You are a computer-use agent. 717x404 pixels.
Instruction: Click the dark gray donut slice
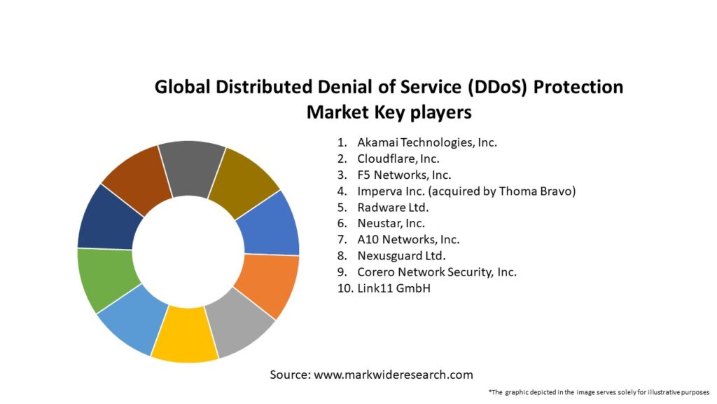point(191,166)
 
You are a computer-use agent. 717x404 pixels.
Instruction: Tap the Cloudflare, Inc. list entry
point(398,159)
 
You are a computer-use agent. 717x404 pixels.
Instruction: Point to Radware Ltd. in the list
point(392,207)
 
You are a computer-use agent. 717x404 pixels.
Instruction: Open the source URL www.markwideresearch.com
point(393,375)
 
